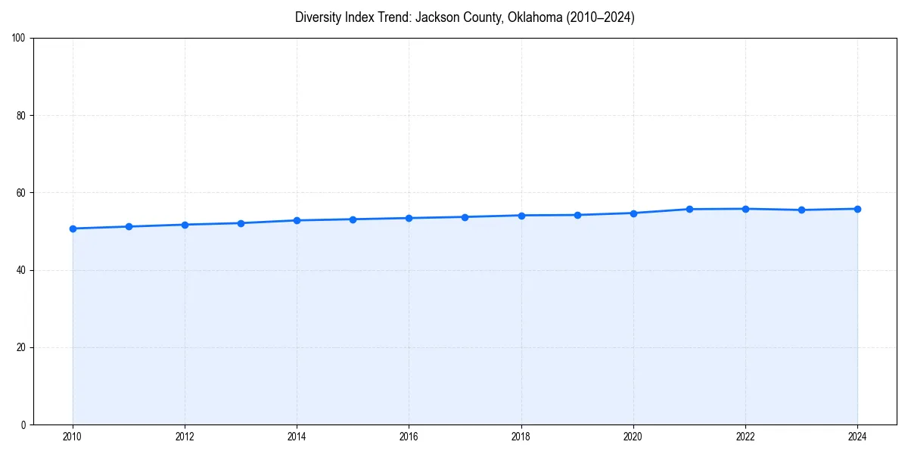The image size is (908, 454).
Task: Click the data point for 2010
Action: click(x=73, y=229)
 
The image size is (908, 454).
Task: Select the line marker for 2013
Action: click(x=241, y=223)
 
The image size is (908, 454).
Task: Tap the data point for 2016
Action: click(x=409, y=218)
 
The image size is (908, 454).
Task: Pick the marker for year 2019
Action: click(x=577, y=215)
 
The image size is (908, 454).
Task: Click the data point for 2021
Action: click(x=689, y=209)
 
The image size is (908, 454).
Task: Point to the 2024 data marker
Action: click(x=857, y=209)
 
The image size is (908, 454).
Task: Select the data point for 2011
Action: click(x=129, y=226)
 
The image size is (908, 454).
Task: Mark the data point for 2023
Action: click(x=801, y=210)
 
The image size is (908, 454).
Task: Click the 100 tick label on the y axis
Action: click(x=19, y=39)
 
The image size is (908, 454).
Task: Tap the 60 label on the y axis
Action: click(x=21, y=193)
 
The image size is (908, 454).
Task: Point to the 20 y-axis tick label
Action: click(x=21, y=347)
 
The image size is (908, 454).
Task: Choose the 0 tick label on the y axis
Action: click(x=23, y=424)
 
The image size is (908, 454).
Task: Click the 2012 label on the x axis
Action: click(x=185, y=437)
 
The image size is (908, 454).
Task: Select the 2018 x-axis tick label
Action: click(x=521, y=437)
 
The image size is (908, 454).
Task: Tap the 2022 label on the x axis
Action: click(x=745, y=437)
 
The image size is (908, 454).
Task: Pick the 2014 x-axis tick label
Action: click(x=297, y=437)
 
